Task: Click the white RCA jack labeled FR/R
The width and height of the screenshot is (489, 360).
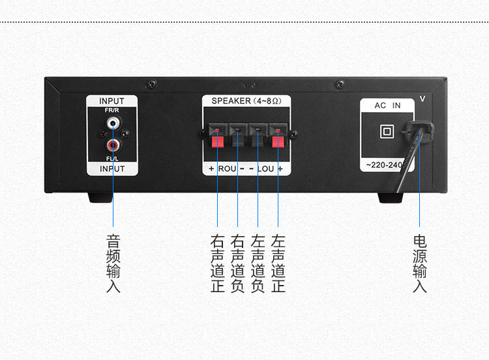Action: click(x=113, y=121)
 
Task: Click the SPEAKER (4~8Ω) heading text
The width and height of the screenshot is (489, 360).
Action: click(x=246, y=101)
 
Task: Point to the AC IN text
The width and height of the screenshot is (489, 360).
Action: click(x=387, y=106)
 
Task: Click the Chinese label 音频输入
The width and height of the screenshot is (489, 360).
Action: click(x=113, y=263)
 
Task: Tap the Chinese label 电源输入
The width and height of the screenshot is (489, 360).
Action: click(x=420, y=263)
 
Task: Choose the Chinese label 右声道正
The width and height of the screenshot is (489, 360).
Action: click(x=218, y=263)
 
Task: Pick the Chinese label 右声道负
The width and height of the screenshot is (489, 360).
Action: click(x=238, y=263)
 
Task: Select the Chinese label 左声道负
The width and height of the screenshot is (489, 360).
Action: click(x=258, y=263)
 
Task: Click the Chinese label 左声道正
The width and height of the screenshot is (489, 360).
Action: click(x=278, y=263)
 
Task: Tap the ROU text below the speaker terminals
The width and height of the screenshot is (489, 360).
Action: click(x=227, y=169)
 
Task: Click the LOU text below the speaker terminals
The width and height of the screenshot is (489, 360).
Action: click(x=266, y=169)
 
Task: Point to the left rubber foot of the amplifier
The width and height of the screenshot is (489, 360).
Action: click(x=100, y=197)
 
